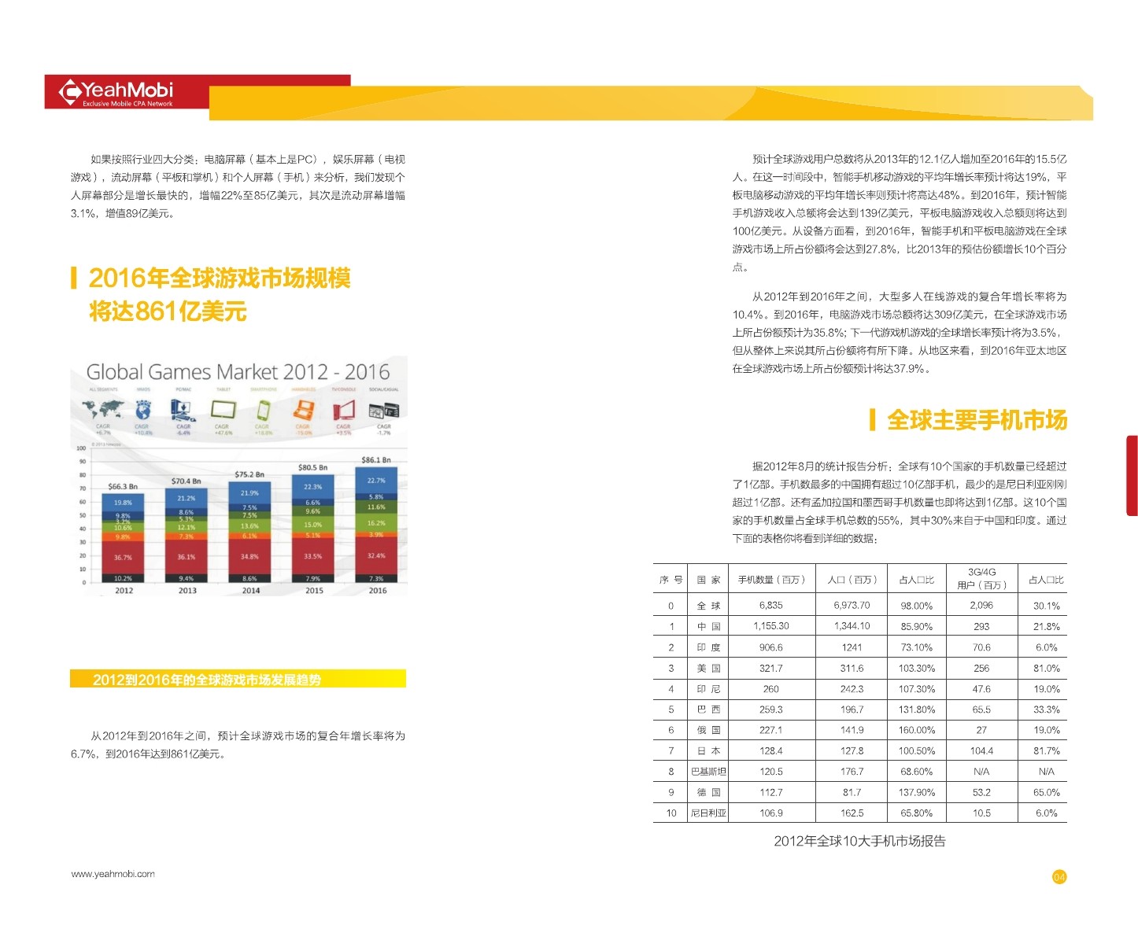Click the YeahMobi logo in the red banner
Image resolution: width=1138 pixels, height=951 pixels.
pyautogui.click(x=116, y=92)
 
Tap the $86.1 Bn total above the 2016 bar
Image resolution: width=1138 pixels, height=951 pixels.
pyautogui.click(x=375, y=460)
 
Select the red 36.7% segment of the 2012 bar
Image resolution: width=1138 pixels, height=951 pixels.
pyautogui.click(x=123, y=557)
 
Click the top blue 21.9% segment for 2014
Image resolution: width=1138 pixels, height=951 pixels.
pyautogui.click(x=249, y=492)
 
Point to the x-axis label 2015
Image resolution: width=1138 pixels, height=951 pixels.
pyautogui.click(x=314, y=591)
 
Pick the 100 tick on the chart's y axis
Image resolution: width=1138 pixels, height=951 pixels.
pyautogui.click(x=81, y=448)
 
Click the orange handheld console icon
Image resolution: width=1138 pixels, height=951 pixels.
pyautogui.click(x=303, y=409)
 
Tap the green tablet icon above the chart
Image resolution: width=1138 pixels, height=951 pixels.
pyautogui.click(x=223, y=409)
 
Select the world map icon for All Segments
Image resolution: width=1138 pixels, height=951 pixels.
pyautogui.click(x=103, y=409)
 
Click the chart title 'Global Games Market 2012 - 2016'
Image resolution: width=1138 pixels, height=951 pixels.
pyautogui.click(x=238, y=372)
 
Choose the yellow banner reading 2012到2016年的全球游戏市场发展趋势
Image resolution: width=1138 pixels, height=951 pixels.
pyautogui.click(x=238, y=679)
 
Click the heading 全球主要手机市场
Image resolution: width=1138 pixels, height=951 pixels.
pyautogui.click(x=977, y=420)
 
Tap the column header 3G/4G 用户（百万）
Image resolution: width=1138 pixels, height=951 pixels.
pyautogui.click(x=981, y=578)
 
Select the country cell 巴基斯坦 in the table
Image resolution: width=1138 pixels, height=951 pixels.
pyautogui.click(x=708, y=772)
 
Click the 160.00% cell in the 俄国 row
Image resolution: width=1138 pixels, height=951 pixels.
pyautogui.click(x=917, y=730)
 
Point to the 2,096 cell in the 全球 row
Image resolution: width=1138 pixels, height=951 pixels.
pyautogui.click(x=981, y=606)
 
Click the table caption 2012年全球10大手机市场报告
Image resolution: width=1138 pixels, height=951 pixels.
pyautogui.click(x=859, y=841)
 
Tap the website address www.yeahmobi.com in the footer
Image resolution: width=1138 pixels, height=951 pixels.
pyautogui.click(x=113, y=874)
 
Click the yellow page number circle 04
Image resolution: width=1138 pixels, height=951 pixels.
pyautogui.click(x=1059, y=877)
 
